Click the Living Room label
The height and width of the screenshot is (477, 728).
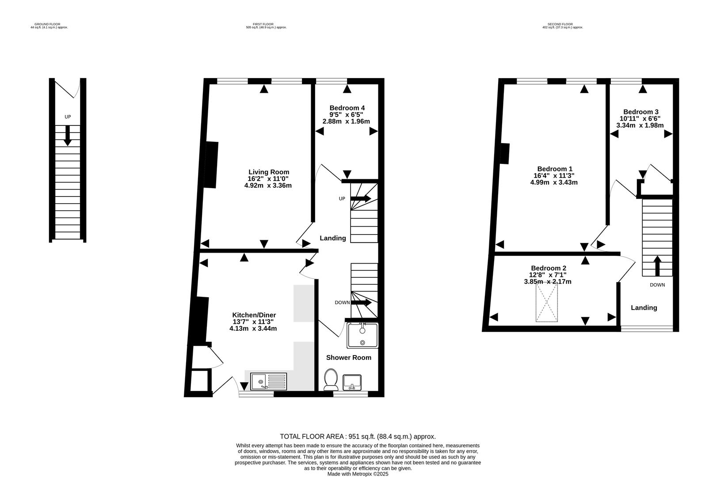(268, 172)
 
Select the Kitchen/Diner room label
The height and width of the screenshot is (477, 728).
(254, 315)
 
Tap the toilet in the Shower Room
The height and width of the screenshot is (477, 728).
(330, 379)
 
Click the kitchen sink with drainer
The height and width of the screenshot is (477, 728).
(268, 381)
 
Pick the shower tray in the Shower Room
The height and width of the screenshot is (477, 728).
(362, 335)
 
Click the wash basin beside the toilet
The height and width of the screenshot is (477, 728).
(352, 382)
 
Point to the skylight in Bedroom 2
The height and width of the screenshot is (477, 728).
(547, 303)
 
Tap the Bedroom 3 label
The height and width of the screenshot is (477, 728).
(640, 112)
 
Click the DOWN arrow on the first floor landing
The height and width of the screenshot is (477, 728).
(361, 303)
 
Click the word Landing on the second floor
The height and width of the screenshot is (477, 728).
(644, 308)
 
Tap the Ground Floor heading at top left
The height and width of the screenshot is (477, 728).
(47, 24)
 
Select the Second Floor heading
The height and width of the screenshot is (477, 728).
(560, 24)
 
